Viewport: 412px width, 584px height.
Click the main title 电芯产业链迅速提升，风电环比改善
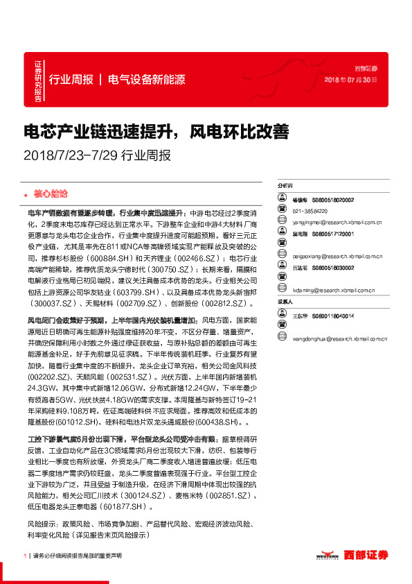pyautogui.click(x=156, y=131)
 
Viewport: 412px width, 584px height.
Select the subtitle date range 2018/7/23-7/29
pyautogui.click(x=70, y=155)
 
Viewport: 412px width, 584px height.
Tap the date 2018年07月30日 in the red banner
pyautogui.click(x=351, y=80)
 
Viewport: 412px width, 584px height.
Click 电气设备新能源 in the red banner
pyautogui.click(x=147, y=80)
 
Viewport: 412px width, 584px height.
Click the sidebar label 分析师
pyautogui.click(x=285, y=186)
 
